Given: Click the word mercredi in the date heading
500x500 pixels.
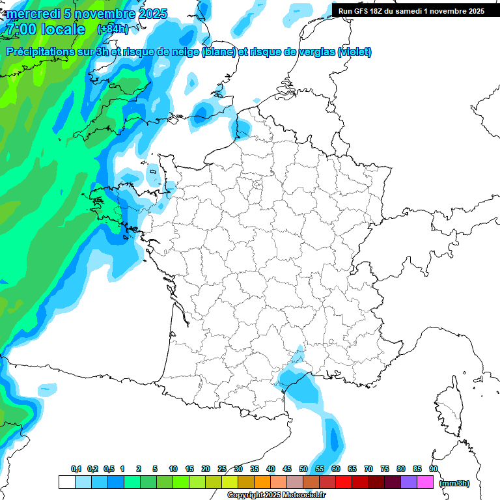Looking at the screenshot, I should coord(33,14).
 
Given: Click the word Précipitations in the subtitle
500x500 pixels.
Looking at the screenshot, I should coord(39,52).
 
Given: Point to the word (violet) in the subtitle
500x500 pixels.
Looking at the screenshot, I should coord(355,52).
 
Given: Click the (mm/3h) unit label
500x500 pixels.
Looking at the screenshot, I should coord(454,483).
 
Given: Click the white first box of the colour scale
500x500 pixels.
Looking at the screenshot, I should coord(66,482).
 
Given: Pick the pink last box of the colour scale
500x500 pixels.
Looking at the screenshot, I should coord(425,482).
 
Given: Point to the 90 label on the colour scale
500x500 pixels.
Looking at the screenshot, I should coord(434,469).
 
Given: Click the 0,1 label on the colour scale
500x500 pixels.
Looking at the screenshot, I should coord(76,469).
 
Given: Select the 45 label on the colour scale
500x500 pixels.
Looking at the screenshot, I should coord(287,469).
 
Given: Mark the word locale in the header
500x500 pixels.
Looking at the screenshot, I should coord(62,29).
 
